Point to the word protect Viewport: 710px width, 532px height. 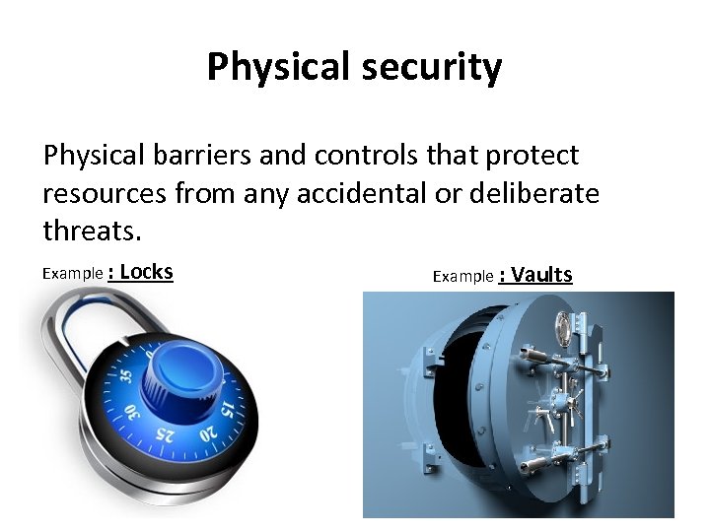tap(530, 156)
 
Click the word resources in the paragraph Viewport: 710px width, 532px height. tap(105, 194)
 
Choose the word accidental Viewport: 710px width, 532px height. tap(365, 194)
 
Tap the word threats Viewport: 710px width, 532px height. tap(92, 232)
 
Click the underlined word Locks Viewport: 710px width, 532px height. tap(146, 273)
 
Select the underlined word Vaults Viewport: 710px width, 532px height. tap(542, 276)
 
